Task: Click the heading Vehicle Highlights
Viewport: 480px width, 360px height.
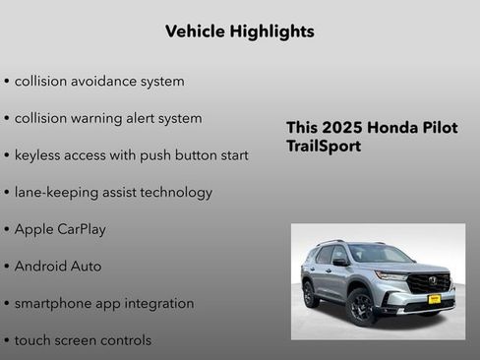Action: [240, 31]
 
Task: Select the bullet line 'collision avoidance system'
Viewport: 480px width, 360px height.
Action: [98, 81]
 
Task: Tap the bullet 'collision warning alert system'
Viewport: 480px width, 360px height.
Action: [107, 118]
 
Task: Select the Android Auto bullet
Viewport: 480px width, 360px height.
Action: [57, 267]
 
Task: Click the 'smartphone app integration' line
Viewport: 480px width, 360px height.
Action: [103, 304]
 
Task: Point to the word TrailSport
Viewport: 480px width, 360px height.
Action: [324, 147]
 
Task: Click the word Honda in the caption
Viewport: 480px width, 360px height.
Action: [391, 128]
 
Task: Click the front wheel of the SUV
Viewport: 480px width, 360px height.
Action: [362, 307]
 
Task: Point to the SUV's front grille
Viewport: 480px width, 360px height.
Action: [429, 283]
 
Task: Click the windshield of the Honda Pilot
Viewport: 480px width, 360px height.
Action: [380, 255]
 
